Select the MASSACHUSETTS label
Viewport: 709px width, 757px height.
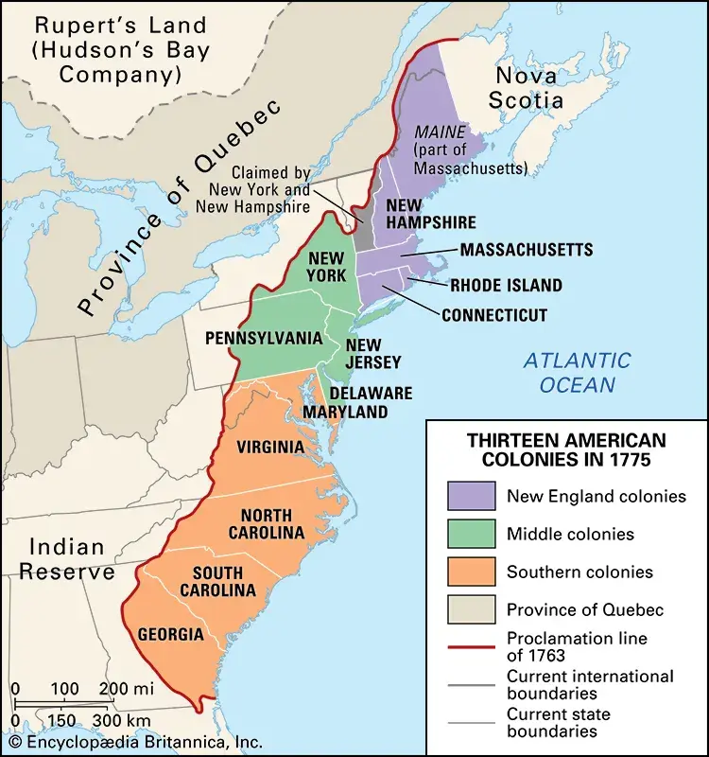527,250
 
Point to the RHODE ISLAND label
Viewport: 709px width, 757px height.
506,285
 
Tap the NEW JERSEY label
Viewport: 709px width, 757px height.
373,353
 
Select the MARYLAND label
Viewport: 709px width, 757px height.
345,412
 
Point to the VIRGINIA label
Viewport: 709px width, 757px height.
270,447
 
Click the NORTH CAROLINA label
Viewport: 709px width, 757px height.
272,523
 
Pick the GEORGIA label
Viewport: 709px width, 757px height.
170,633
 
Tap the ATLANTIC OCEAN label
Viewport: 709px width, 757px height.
577,373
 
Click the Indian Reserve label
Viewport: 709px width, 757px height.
71,559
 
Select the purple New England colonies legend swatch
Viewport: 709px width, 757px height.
471,496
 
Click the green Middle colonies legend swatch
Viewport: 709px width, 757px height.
471,534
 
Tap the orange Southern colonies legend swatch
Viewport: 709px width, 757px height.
471,572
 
